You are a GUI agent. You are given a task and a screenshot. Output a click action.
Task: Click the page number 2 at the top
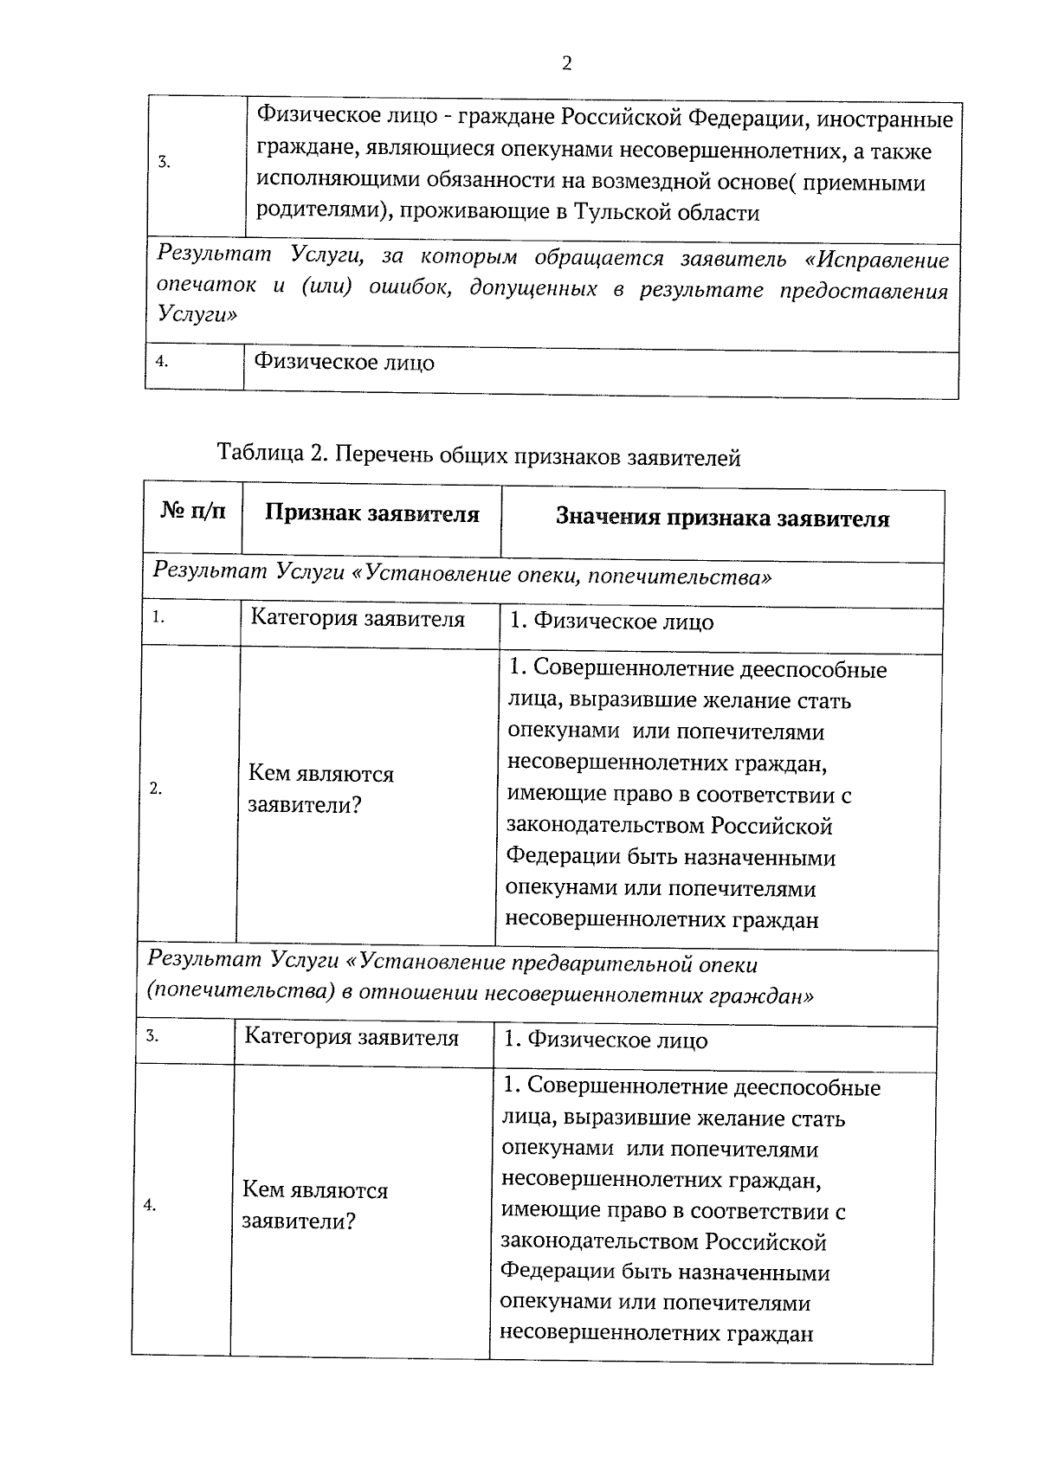(x=566, y=64)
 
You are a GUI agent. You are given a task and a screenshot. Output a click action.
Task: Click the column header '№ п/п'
(x=193, y=512)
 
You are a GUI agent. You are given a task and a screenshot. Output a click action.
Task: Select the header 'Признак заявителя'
(x=371, y=514)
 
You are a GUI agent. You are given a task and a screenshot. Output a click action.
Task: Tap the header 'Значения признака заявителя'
(x=722, y=519)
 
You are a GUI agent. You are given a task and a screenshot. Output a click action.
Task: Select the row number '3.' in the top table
(x=164, y=163)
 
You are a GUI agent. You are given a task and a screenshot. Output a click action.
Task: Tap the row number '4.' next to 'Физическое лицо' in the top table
(x=161, y=362)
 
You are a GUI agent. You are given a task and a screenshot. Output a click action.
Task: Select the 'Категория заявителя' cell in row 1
(x=357, y=620)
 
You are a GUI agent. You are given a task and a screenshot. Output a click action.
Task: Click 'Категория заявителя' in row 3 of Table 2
(x=351, y=1037)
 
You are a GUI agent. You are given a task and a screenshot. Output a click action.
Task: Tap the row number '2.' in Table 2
(x=155, y=789)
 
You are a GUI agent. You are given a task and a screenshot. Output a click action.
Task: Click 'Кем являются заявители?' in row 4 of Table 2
(x=314, y=1206)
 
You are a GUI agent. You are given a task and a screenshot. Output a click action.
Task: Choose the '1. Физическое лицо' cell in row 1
(x=610, y=622)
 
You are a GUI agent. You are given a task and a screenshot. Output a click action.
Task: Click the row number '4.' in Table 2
(x=149, y=1205)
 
